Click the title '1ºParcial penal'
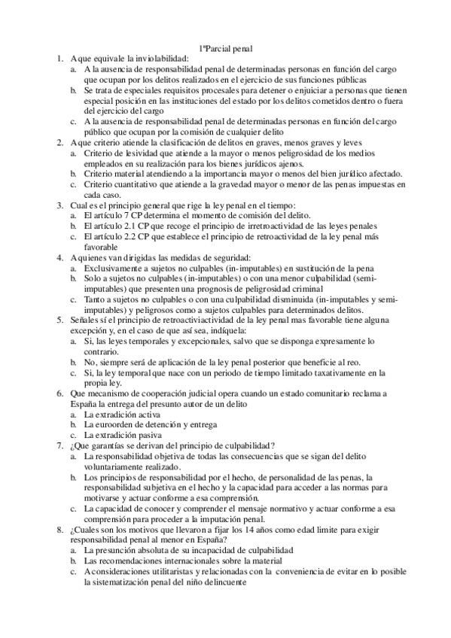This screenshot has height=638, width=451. click(x=225, y=47)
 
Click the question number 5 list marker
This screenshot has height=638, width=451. click(x=59, y=320)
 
